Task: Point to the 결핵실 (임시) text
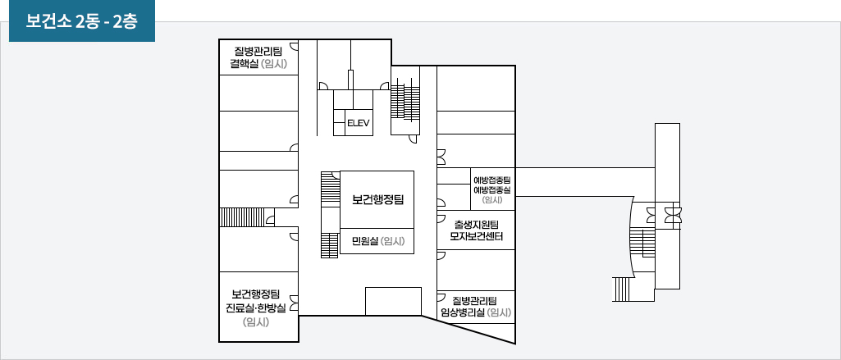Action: pyautogui.click(x=258, y=64)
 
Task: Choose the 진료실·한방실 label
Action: pyautogui.click(x=256, y=308)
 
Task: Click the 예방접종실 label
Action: pyautogui.click(x=492, y=189)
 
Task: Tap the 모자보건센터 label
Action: pyautogui.click(x=476, y=237)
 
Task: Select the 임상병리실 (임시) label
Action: pyautogui.click(x=476, y=312)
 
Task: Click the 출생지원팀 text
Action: pyautogui.click(x=476, y=224)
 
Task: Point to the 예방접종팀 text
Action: pyautogui.click(x=492, y=180)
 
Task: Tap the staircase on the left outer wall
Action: pyautogui.click(x=234, y=216)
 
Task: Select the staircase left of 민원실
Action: pyautogui.click(x=330, y=244)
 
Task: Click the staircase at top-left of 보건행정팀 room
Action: pyautogui.click(x=330, y=189)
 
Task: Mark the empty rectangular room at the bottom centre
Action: pyautogui.click(x=393, y=301)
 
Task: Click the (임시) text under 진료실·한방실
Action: pyautogui.click(x=256, y=321)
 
